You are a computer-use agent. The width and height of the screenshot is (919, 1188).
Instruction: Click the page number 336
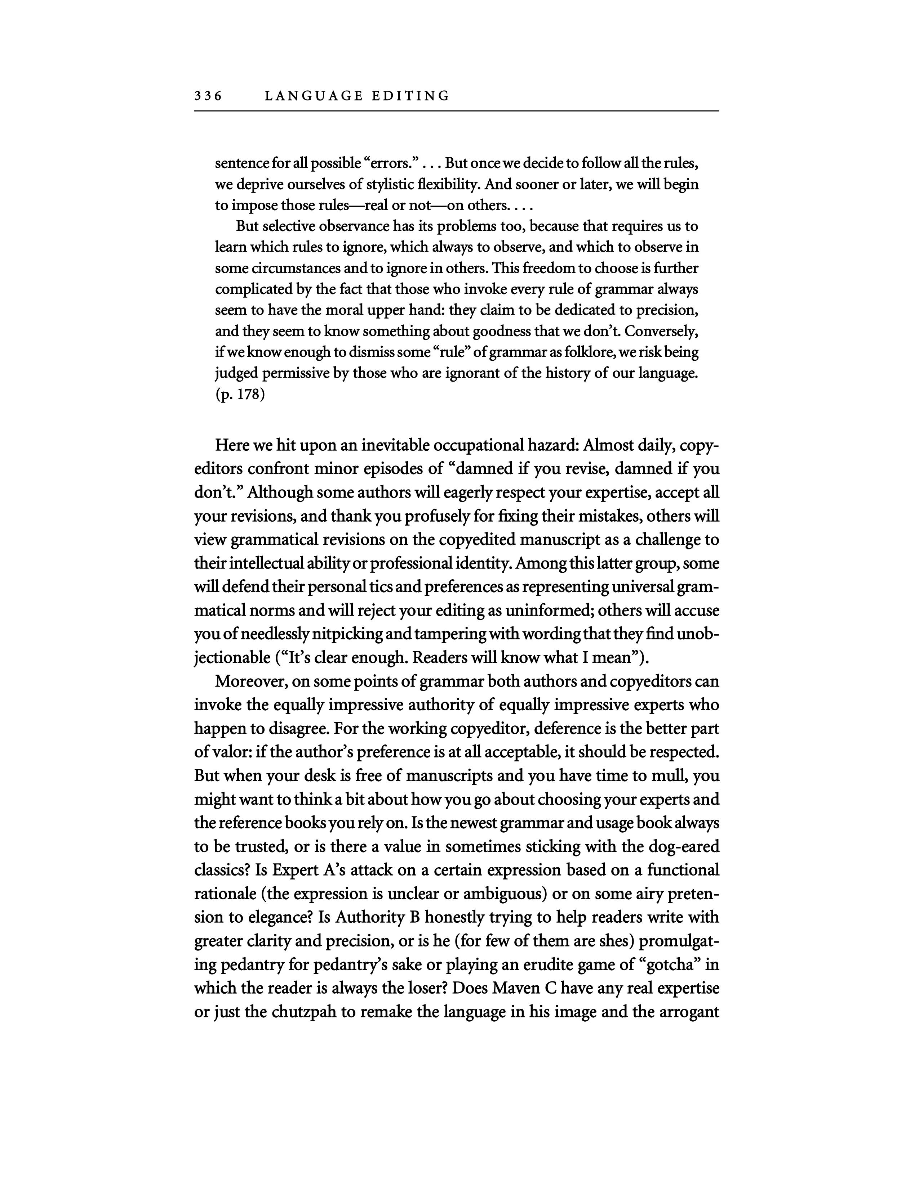click(x=208, y=96)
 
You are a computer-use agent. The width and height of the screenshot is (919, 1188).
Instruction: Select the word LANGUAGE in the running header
click(x=313, y=96)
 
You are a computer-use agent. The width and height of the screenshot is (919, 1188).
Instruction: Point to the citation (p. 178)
click(x=240, y=394)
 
